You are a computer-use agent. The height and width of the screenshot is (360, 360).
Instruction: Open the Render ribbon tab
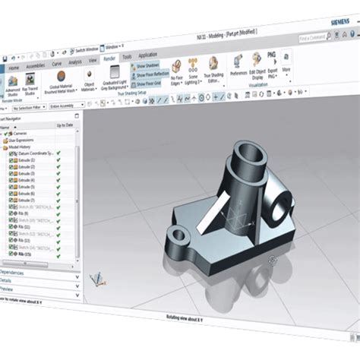(x=109, y=59)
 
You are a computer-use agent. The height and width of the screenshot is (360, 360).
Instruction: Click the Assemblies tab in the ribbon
(x=36, y=65)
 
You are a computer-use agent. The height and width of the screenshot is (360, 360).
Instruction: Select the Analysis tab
(x=74, y=62)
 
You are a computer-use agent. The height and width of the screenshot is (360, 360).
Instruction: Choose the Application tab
(x=147, y=55)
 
